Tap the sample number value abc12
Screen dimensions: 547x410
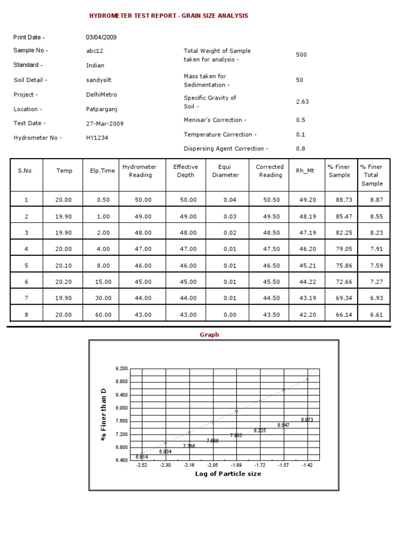[x=93, y=51]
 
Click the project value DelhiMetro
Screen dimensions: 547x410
[x=101, y=95]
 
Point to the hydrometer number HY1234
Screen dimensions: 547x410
[x=98, y=138]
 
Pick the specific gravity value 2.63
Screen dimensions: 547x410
[x=302, y=101]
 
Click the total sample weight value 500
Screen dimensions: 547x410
[x=301, y=55]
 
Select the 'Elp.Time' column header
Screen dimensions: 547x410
[x=99, y=171]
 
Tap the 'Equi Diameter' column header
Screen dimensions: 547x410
[x=228, y=171]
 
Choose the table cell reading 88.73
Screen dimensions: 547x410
[x=340, y=200]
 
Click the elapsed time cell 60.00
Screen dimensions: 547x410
[x=104, y=315]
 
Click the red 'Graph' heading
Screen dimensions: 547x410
[x=209, y=335]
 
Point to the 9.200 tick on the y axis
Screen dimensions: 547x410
[x=121, y=369]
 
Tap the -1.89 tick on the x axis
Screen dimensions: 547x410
[x=236, y=466]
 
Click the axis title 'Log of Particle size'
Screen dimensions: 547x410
[x=228, y=474]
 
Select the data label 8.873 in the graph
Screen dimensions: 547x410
[x=307, y=420]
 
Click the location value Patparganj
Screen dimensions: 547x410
[x=101, y=109]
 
